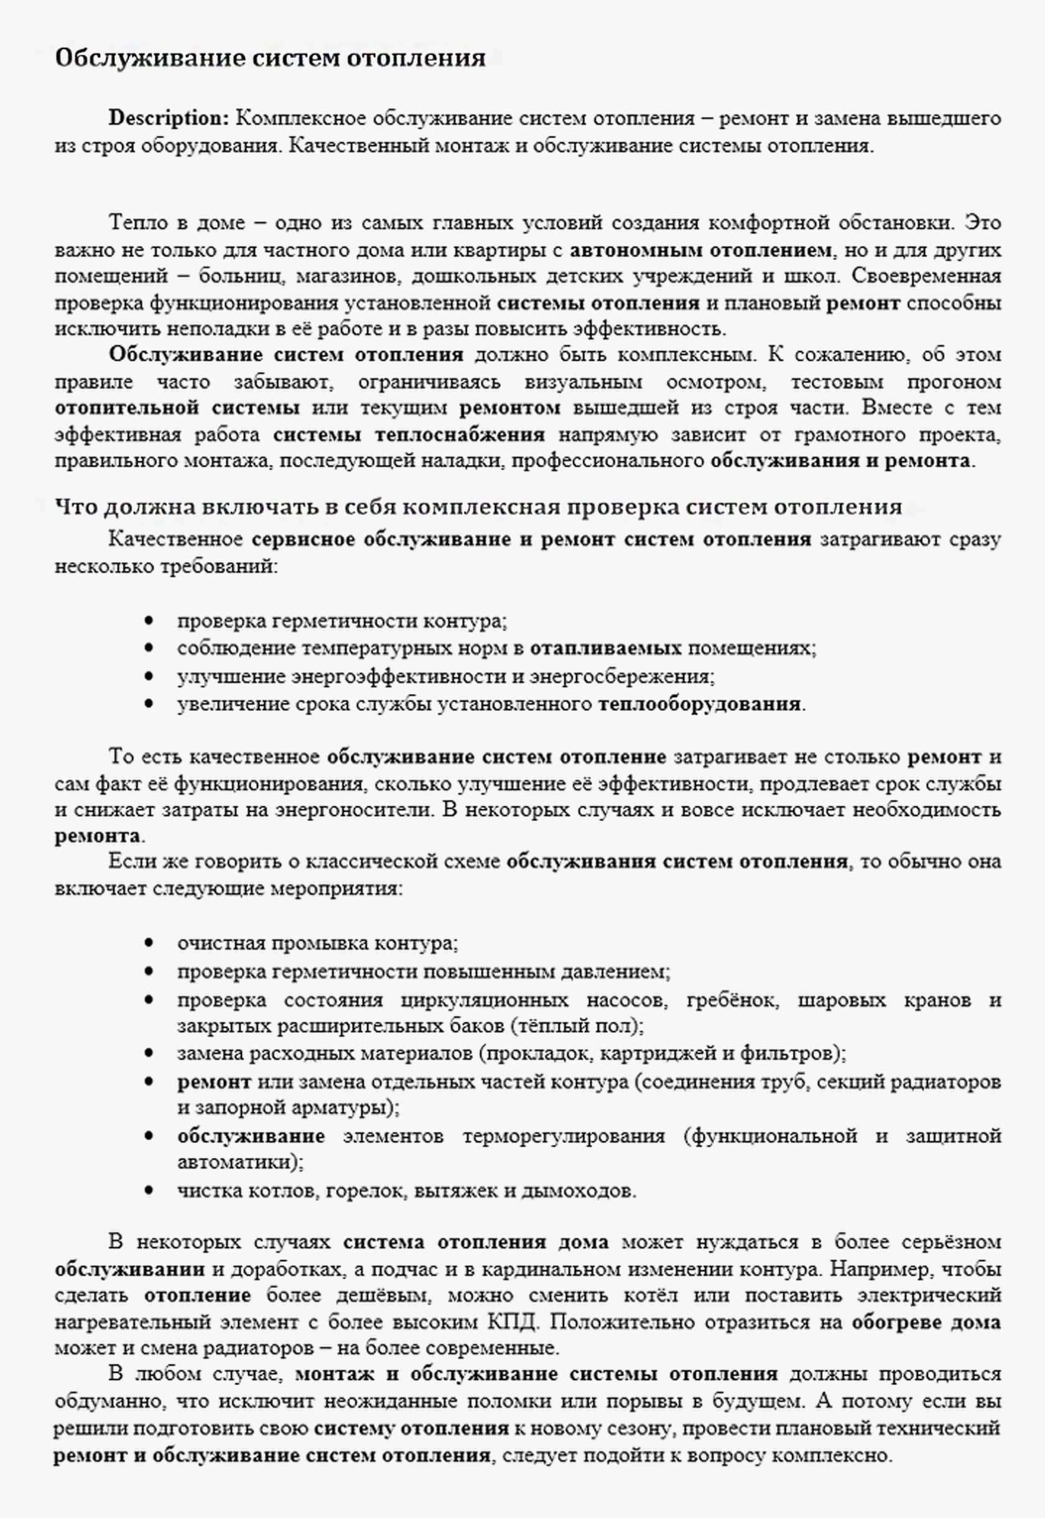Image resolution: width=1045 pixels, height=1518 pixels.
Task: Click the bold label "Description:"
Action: point(169,119)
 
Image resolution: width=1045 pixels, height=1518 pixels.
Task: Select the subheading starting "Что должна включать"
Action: point(478,507)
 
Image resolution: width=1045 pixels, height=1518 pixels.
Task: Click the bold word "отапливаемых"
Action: point(606,649)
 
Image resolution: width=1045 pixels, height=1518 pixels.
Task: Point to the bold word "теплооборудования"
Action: point(699,705)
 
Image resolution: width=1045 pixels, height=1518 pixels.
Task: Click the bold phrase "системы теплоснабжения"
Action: point(409,435)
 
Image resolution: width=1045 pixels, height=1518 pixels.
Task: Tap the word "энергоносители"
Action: point(353,810)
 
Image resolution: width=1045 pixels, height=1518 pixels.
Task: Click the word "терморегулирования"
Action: point(564,1136)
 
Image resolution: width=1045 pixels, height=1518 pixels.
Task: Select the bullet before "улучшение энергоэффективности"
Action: point(150,676)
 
